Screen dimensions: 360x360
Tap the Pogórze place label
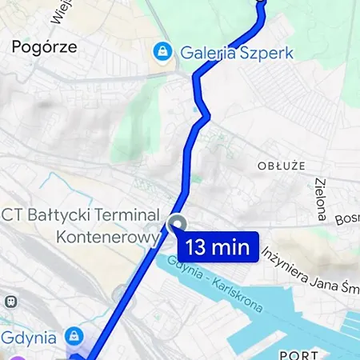click(x=44, y=46)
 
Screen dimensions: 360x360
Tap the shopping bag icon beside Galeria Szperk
click(x=162, y=52)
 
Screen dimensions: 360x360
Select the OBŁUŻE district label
click(x=282, y=166)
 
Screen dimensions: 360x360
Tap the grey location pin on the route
click(x=178, y=224)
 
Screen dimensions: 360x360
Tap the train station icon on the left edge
click(x=10, y=301)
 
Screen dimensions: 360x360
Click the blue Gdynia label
click(x=30, y=334)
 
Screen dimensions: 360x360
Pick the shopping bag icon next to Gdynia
click(x=74, y=334)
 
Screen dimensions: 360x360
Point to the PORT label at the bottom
click(x=299, y=354)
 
